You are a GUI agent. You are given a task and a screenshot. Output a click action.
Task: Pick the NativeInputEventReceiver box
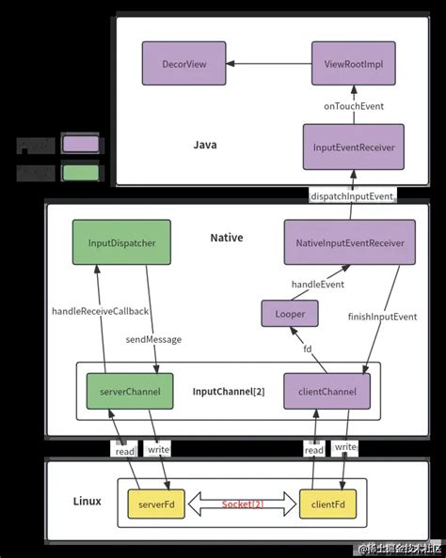point(350,242)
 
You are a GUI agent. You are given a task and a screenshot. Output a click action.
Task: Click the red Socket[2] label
point(242,504)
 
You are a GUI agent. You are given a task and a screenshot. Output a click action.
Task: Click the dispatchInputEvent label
point(350,195)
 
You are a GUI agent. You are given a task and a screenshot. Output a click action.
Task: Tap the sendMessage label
point(153,338)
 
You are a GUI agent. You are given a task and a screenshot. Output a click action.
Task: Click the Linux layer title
point(87,502)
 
